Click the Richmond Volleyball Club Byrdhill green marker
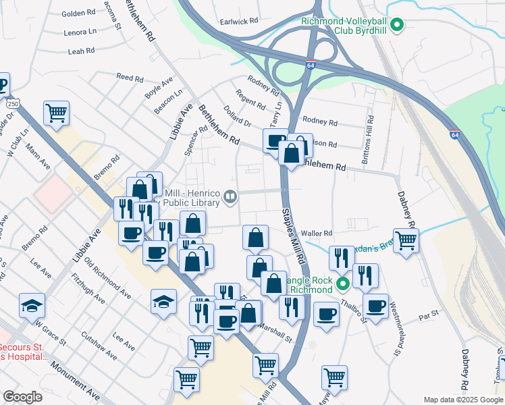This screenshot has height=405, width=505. [x=398, y=26]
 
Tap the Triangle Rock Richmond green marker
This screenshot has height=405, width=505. [x=342, y=283]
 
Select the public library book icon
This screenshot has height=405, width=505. [x=230, y=197]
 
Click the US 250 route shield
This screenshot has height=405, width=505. [x=14, y=103]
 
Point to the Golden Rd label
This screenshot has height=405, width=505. [x=78, y=13]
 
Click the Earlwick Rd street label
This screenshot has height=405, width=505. [x=239, y=22]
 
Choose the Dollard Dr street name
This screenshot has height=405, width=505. [x=238, y=115]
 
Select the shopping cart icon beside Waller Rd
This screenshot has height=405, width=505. [x=406, y=240]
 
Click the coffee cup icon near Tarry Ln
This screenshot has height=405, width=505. [x=275, y=141]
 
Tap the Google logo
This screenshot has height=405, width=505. [x=22, y=397]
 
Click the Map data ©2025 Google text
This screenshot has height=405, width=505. [x=463, y=400]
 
